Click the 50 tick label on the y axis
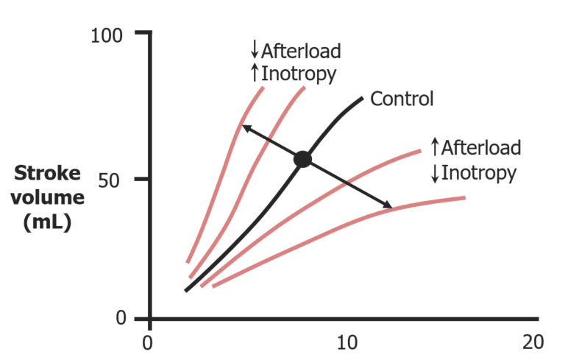(x=120, y=178)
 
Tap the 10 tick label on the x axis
(x=346, y=343)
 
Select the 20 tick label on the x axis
(x=532, y=343)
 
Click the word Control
(x=402, y=99)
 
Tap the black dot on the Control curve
(x=302, y=159)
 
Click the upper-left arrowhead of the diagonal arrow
(x=246, y=128)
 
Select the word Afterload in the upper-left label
(x=301, y=52)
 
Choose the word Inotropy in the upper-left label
(x=298, y=74)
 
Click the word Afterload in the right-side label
(x=480, y=147)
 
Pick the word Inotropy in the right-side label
(x=477, y=173)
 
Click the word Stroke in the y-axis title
(x=49, y=174)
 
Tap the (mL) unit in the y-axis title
(x=49, y=223)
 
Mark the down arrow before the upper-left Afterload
(x=255, y=50)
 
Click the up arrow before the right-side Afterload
(x=434, y=147)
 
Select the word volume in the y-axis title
(x=49, y=199)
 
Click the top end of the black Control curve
(x=362, y=98)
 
